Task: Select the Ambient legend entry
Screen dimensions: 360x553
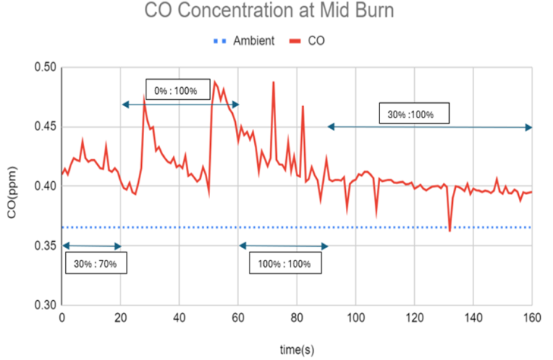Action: coord(253,41)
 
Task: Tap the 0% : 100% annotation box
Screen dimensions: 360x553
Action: coord(175,90)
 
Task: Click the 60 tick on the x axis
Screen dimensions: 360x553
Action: coord(238,318)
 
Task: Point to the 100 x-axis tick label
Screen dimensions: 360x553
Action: coord(356,318)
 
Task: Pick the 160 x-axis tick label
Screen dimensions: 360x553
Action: coord(532,318)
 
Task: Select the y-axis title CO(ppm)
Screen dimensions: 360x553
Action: coord(13,186)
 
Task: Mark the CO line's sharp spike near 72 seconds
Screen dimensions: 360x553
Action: coord(273,83)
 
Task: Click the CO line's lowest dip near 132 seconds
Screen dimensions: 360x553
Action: coord(450,230)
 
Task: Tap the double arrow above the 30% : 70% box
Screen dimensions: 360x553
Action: coord(91,246)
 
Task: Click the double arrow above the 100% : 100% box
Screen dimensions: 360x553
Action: coord(283,246)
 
